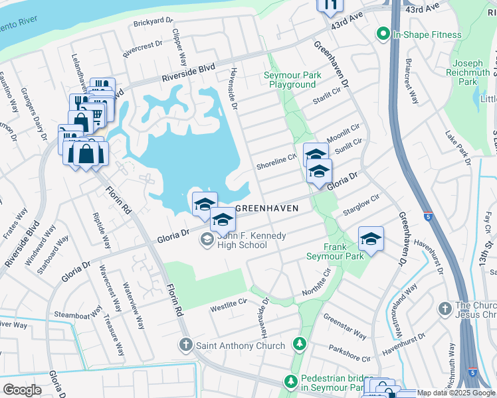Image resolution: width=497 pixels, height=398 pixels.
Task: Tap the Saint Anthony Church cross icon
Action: (x=186, y=345)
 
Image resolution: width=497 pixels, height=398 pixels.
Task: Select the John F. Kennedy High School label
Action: (x=242, y=239)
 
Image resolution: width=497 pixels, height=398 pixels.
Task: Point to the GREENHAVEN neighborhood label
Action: (x=266, y=208)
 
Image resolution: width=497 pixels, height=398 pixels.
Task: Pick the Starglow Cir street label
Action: (x=361, y=204)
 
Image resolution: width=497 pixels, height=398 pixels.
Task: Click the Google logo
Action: (x=22, y=390)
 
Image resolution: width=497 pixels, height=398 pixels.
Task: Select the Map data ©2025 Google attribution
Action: (x=456, y=393)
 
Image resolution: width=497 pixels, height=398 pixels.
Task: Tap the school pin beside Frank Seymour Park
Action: (x=371, y=239)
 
